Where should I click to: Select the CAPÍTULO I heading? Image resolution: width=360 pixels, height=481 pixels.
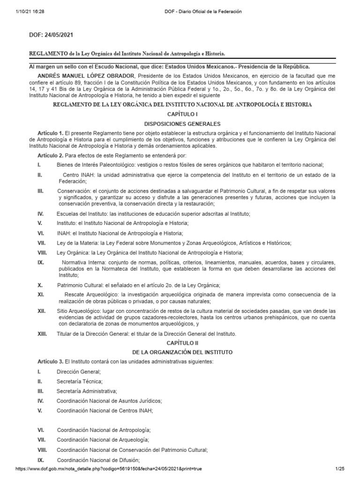[x=180, y=114]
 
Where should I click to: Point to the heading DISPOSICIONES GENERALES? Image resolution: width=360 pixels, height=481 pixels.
[x=180, y=124]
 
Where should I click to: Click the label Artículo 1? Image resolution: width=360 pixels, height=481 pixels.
[x=50, y=133]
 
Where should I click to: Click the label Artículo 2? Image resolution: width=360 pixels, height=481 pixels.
[x=50, y=155]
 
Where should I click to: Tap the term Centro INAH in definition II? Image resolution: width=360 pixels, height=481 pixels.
[x=79, y=175]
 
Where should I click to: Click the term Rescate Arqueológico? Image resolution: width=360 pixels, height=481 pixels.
[x=87, y=295]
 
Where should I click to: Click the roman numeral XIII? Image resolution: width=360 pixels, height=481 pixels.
[x=43, y=334]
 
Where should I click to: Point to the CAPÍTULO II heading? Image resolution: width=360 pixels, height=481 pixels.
[x=180, y=343]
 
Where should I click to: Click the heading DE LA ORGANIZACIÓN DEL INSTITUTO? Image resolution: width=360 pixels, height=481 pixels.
[x=180, y=352]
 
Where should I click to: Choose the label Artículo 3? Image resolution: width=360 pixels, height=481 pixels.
[x=50, y=362]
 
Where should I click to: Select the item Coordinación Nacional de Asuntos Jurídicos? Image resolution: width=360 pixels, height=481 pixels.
[x=109, y=401]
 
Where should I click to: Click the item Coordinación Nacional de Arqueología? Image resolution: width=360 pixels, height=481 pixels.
[x=103, y=440]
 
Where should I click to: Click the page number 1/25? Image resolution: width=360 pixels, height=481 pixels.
[x=340, y=469]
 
